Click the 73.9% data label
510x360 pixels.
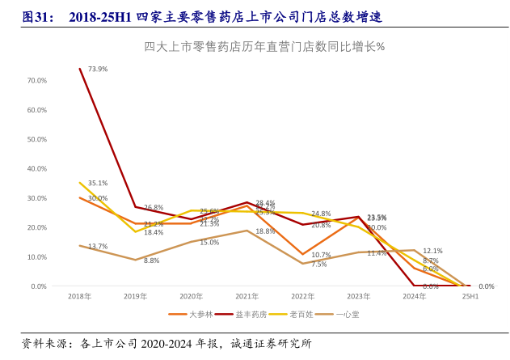98,70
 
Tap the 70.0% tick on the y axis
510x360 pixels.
37,81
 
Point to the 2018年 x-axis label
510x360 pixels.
79,297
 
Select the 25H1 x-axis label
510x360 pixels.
470,297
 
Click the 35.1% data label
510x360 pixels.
98,184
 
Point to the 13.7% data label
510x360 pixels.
98,247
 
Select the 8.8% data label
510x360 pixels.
152,260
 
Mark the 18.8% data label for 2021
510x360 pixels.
265,231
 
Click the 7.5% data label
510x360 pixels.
319,265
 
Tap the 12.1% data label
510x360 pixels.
432,251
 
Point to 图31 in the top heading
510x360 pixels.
37,16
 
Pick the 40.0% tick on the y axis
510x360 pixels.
37,169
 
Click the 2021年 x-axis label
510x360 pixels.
247,297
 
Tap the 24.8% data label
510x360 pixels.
321,214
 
